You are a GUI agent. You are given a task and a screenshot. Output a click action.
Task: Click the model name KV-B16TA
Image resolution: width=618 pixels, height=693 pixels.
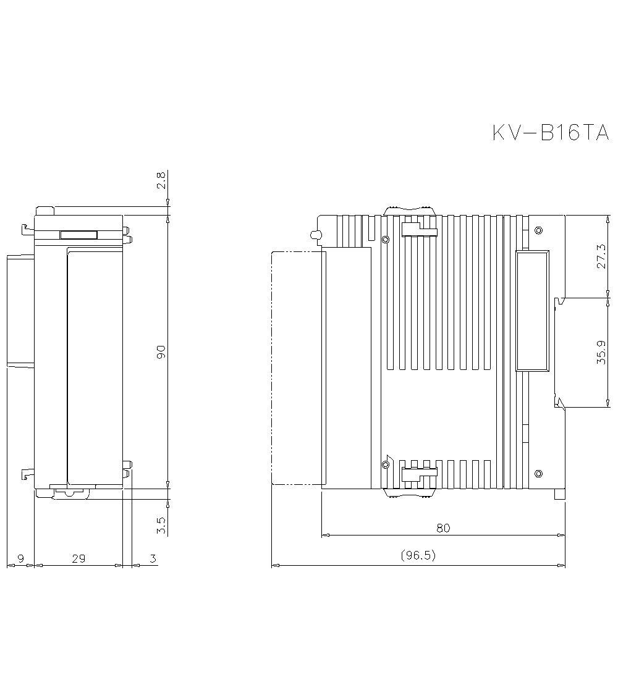pos(551,133)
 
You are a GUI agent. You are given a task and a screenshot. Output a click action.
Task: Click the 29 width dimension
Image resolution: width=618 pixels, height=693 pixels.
pos(78,558)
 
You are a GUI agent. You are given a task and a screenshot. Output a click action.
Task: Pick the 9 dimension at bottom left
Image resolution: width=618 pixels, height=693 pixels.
pos(20,558)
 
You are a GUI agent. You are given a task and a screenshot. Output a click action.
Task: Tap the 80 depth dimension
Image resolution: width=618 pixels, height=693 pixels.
pos(443,528)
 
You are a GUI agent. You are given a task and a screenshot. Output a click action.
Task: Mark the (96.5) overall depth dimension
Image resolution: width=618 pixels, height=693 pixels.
pos(418,555)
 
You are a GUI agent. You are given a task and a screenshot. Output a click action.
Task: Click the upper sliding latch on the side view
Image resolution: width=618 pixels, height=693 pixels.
pos(419,230)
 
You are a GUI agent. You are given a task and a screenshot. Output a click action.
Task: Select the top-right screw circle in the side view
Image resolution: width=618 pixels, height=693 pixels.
pos(538,230)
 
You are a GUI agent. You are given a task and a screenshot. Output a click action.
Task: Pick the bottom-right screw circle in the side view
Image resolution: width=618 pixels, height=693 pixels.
pos(538,474)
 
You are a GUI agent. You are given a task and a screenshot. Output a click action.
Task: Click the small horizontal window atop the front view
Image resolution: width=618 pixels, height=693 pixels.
pos(78,235)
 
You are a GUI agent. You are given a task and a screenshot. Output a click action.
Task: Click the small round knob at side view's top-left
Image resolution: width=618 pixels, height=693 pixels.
pos(314,235)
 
